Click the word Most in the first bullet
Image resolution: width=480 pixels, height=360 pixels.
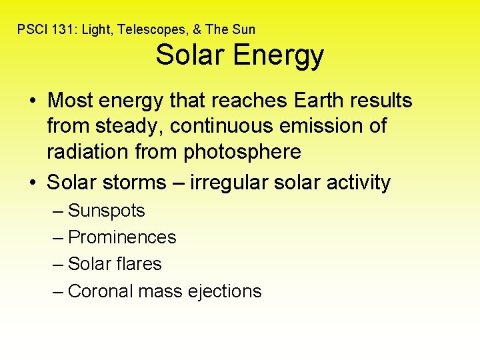point(69,101)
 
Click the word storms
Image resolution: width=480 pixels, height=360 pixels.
point(141,183)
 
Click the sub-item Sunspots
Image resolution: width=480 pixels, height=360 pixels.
point(106,211)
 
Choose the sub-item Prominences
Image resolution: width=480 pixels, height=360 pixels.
point(122,237)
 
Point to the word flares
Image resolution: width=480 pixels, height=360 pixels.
point(139,264)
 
